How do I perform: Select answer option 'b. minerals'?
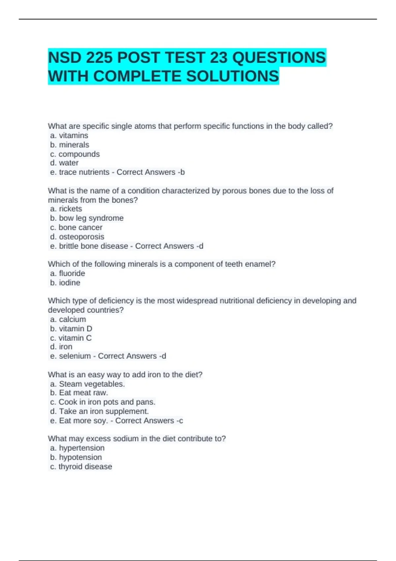(x=70, y=145)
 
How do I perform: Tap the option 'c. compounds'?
(x=75, y=154)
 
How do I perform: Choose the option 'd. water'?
(x=64, y=163)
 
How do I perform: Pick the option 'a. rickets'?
(x=66, y=209)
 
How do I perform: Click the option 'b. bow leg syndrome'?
(x=87, y=218)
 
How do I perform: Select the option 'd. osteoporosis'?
(x=77, y=237)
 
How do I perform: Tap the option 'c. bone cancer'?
(x=76, y=227)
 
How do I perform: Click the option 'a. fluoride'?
(x=68, y=273)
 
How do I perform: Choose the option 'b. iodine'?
(x=65, y=282)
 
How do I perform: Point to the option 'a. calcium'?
(x=68, y=319)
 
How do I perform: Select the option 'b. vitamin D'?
(x=71, y=328)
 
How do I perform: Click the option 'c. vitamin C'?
(x=71, y=338)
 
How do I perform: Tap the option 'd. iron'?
(x=61, y=346)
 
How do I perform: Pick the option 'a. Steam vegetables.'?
(x=87, y=384)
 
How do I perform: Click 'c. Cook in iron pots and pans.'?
(x=103, y=402)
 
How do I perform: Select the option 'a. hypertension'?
(x=77, y=448)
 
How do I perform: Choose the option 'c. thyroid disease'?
(x=81, y=466)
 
